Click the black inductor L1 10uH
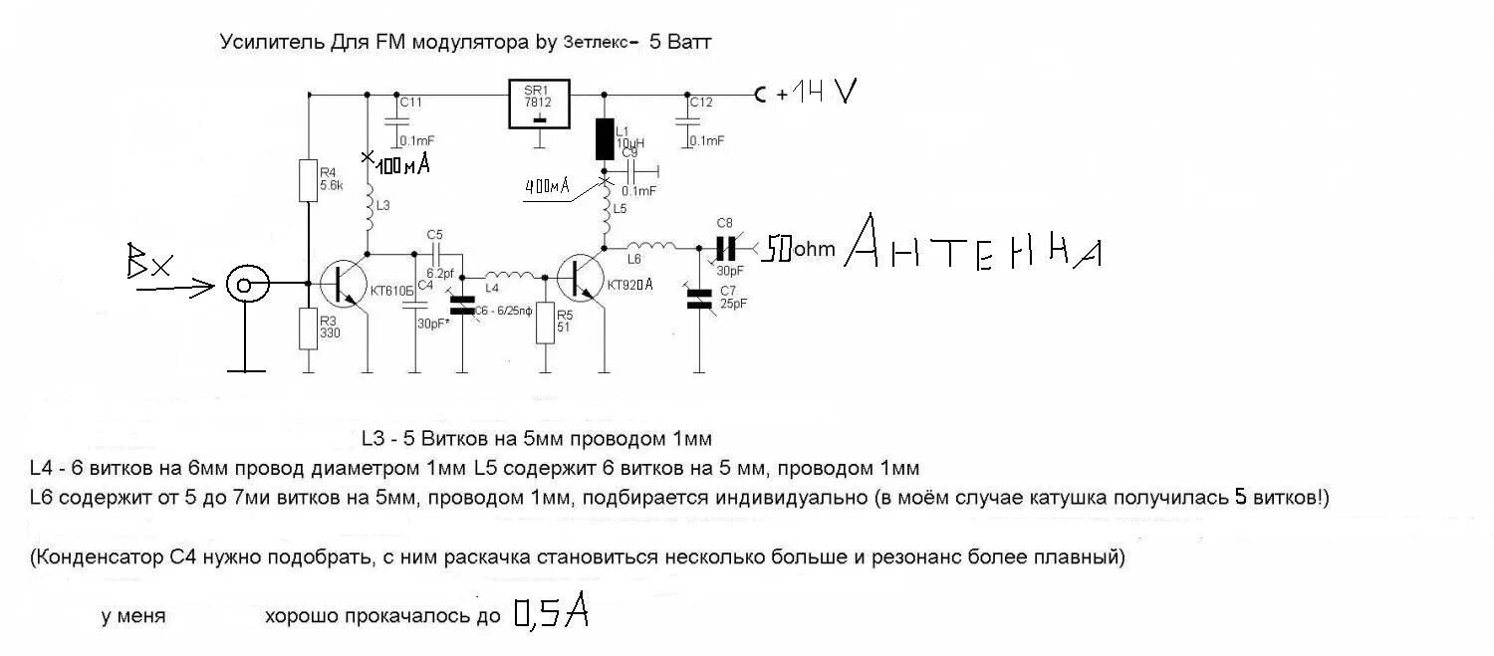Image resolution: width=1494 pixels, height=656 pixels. point(604,139)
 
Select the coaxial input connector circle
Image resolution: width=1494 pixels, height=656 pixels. point(244,286)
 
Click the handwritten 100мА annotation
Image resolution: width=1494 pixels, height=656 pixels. point(401,164)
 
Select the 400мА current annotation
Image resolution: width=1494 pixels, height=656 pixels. point(546,185)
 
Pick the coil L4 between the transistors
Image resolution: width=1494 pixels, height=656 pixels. point(509,275)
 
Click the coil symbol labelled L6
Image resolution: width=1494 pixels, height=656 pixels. point(647,246)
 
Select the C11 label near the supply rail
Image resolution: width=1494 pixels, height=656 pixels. point(410,102)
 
